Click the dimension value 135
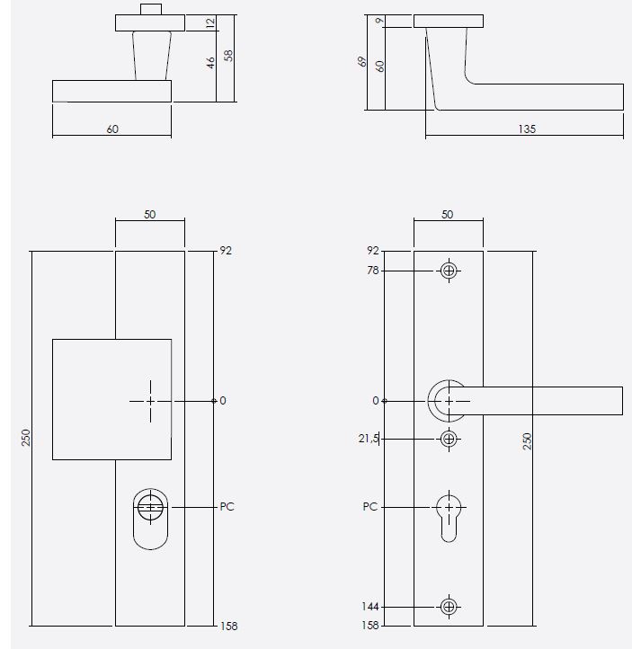pos(527,129)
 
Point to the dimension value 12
pos(210,23)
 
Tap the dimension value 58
pos(229,54)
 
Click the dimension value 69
pos(362,63)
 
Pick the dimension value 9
pos(380,20)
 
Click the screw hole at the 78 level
pos(449,271)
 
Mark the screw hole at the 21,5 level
pos(449,439)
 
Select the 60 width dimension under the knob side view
pos(112,129)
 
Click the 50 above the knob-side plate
pos(150,215)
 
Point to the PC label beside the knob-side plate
pos(227,507)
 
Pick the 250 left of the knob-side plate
pos(26,437)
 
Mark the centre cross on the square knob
pos(150,400)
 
